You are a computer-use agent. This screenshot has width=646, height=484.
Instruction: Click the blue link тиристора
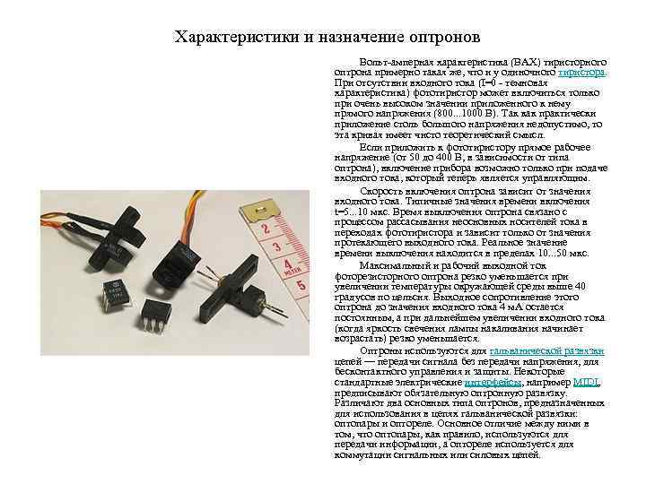(582, 71)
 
